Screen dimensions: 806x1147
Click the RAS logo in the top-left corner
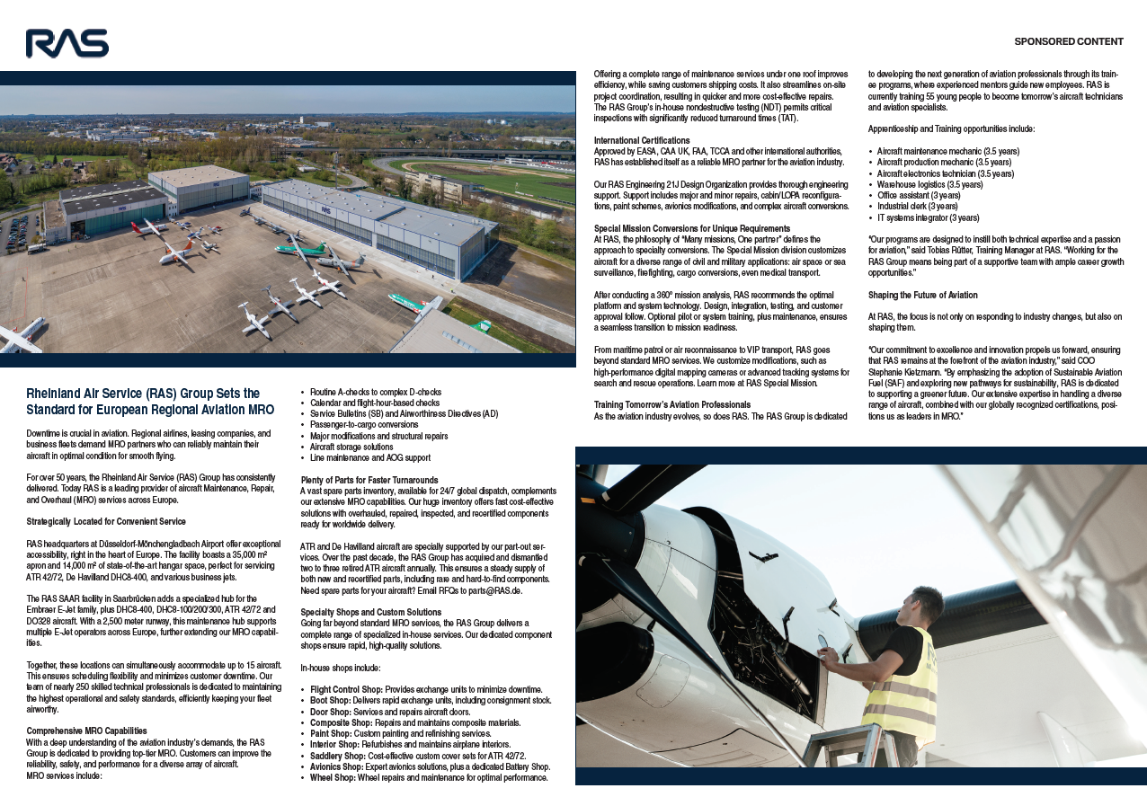(67, 43)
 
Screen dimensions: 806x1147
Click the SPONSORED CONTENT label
(1069, 41)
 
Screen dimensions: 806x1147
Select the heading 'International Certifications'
(642, 140)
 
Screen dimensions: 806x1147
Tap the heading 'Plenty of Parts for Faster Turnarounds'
(369, 480)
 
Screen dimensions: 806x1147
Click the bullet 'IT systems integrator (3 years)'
(928, 217)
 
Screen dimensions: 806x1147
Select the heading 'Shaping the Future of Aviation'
(922, 295)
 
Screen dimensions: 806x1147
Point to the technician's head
(925, 607)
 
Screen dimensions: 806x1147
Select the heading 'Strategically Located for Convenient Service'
(106, 521)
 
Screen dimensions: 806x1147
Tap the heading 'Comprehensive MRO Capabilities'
(86, 731)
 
